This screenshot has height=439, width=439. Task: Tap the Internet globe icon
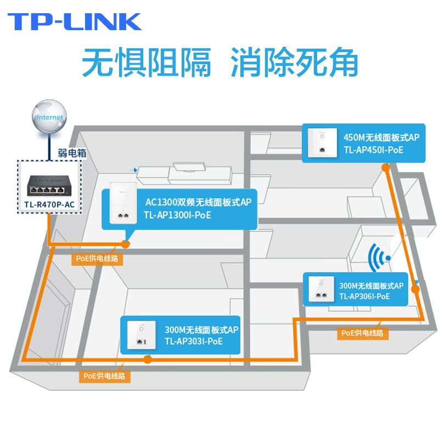49,117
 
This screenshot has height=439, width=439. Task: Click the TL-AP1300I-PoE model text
177,215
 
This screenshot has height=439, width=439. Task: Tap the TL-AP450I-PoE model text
373,149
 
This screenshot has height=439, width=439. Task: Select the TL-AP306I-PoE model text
364,296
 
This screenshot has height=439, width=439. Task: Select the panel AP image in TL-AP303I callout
139,335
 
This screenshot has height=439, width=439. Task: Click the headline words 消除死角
294,63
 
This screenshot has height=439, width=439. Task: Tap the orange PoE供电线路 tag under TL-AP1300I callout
96,257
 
